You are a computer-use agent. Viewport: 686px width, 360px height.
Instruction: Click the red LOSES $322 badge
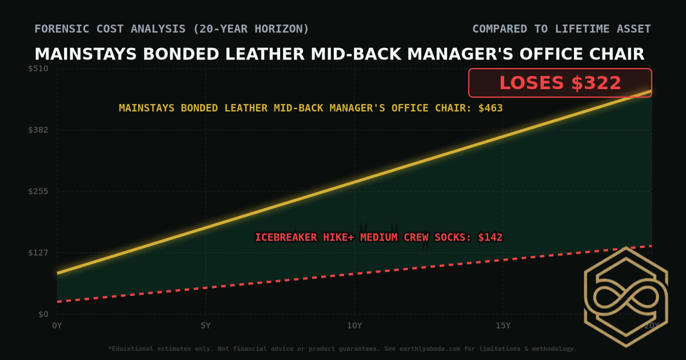coord(560,83)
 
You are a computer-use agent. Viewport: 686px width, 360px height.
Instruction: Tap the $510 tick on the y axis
coord(39,69)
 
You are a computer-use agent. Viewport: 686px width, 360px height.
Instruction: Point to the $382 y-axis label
coord(39,130)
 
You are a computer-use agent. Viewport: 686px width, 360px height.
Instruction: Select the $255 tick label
coord(39,191)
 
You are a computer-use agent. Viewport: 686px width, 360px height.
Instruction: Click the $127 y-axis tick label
coord(39,253)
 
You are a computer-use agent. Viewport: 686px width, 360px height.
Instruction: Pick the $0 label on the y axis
coord(43,314)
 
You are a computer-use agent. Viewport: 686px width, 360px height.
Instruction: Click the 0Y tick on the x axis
coord(57,326)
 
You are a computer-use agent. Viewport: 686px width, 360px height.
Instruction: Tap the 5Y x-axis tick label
coord(206,326)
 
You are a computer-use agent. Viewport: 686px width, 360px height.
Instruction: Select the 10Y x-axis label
coord(354,326)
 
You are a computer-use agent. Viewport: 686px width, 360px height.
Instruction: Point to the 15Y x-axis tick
coord(503,326)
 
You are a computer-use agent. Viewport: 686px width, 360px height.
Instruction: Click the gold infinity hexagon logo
coord(625,297)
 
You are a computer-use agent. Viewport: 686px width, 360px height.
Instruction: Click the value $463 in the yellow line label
coord(490,108)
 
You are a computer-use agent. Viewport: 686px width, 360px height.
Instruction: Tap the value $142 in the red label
coord(490,237)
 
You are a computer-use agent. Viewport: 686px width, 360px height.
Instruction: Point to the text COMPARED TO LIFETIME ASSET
coord(561,29)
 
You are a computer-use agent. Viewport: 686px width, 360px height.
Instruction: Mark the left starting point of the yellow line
coord(58,273)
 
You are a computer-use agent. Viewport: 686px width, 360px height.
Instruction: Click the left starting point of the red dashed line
coord(58,301)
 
